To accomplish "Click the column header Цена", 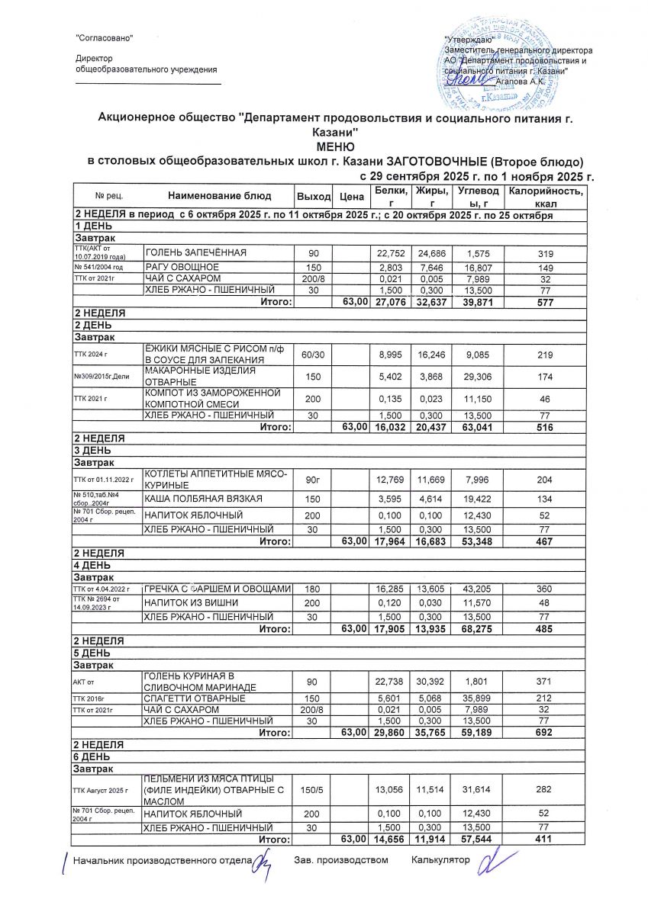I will (351, 197).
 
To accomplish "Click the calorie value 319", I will (545, 253).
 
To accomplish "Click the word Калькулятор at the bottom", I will (440, 861).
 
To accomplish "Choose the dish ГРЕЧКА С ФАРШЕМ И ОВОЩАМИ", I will (218, 589).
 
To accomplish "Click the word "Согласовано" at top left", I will (105, 38).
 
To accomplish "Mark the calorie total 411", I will (545, 840).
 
